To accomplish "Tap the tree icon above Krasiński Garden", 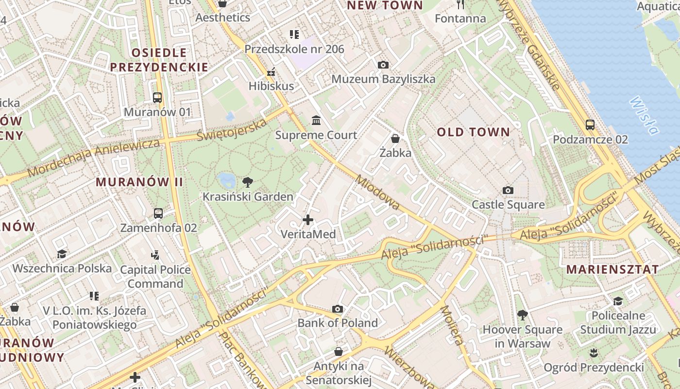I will tap(248, 183).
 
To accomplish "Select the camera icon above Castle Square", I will tap(508, 190).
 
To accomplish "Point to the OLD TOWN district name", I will tap(474, 132).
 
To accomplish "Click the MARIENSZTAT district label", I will tap(612, 269).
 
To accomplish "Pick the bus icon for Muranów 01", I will tap(157, 97).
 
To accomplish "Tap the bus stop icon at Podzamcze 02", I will tap(590, 125).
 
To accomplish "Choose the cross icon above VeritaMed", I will tap(308, 220).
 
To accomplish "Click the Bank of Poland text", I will tap(338, 323).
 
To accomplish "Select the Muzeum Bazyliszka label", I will tap(383, 79).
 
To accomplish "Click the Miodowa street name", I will tap(377, 193).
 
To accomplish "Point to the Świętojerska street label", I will tap(232, 129).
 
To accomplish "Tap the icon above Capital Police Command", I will tap(155, 254).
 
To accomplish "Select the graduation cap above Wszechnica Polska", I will tap(62, 254).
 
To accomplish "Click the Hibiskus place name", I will tap(271, 86).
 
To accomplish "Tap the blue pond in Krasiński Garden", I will tap(226, 180).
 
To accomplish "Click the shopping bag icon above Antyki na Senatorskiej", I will tap(339, 351).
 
